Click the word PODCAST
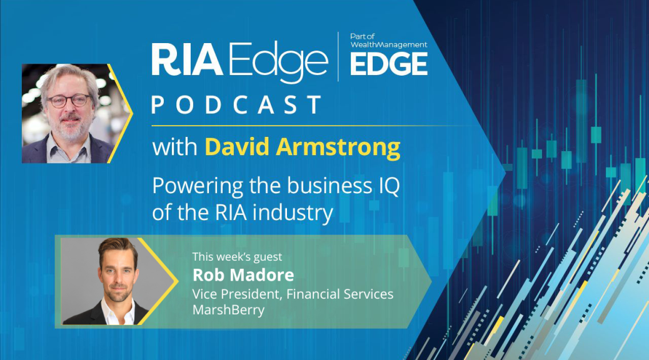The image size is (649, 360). click(x=237, y=105)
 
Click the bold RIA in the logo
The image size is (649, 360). click(x=187, y=59)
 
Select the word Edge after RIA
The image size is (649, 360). click(x=279, y=62)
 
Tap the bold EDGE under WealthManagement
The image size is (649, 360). click(x=389, y=64)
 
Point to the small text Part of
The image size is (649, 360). click(x=362, y=36)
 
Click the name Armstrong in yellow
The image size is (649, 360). click(x=338, y=147)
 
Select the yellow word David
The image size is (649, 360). click(x=237, y=147)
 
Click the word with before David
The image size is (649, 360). click(x=174, y=147)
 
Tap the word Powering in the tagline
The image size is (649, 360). click(x=198, y=186)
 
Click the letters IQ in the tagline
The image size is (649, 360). click(x=390, y=186)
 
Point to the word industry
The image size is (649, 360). click(x=293, y=213)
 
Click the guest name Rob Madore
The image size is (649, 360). click(x=243, y=275)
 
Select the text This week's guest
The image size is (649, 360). click(x=237, y=257)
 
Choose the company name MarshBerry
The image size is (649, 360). click(x=228, y=309)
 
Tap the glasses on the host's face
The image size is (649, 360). click(x=69, y=100)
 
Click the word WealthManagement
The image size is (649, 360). click(x=389, y=45)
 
